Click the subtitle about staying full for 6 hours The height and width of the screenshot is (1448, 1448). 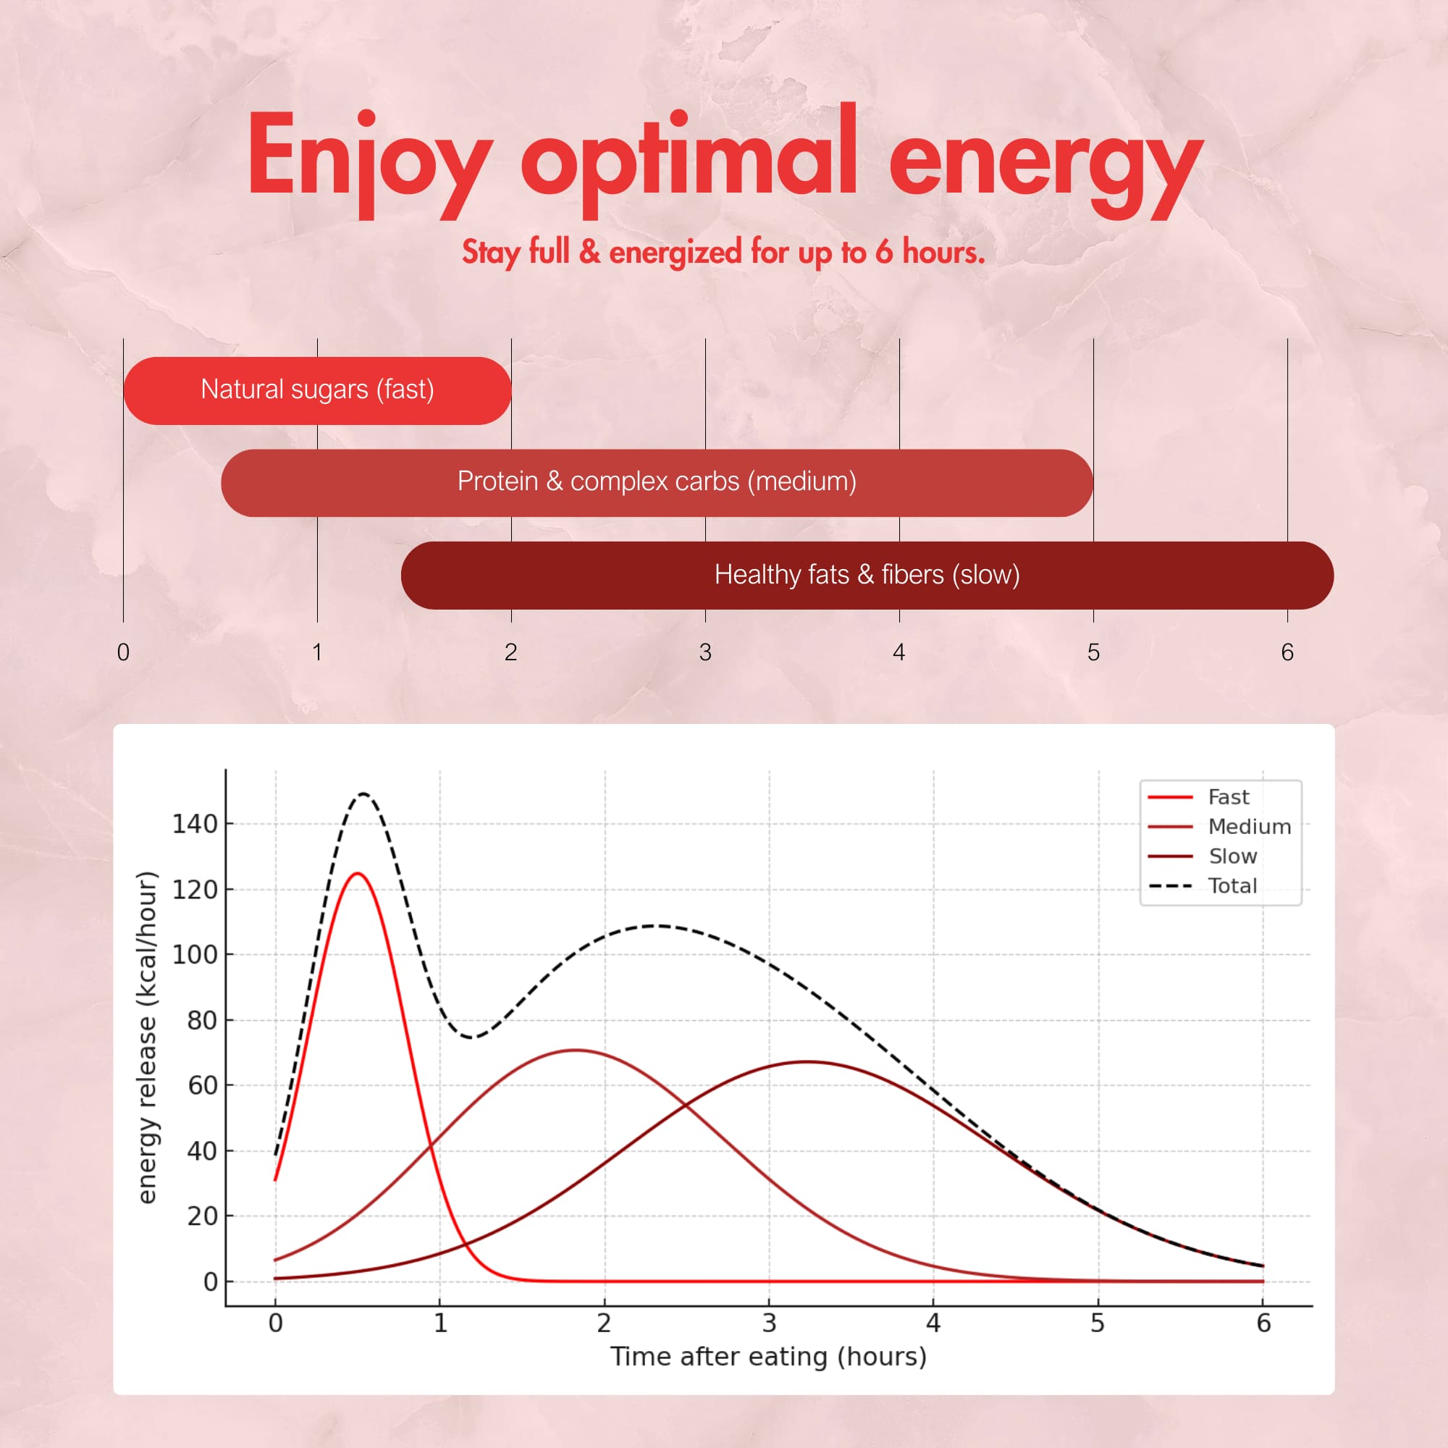tap(723, 252)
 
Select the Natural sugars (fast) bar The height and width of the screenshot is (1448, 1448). tap(317, 390)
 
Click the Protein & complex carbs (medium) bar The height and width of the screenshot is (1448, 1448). tap(657, 482)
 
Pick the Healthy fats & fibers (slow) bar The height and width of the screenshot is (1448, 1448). tap(867, 575)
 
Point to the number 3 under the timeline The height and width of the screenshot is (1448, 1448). tap(704, 652)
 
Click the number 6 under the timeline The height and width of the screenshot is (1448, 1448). tap(1287, 652)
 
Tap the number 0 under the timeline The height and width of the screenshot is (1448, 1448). tap(124, 652)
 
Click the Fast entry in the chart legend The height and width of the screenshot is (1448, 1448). tap(1228, 796)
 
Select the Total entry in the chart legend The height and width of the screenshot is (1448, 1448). tap(1232, 886)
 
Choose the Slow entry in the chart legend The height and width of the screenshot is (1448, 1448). tap(1232, 856)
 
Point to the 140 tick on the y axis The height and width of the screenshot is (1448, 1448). tap(195, 825)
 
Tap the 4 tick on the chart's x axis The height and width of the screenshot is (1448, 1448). tap(933, 1323)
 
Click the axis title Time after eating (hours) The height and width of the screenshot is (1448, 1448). tap(768, 1357)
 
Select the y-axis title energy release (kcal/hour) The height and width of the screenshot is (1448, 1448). tap(148, 1037)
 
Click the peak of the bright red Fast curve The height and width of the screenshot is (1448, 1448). tap(358, 873)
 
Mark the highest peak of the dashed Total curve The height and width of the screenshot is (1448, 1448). tap(363, 793)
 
